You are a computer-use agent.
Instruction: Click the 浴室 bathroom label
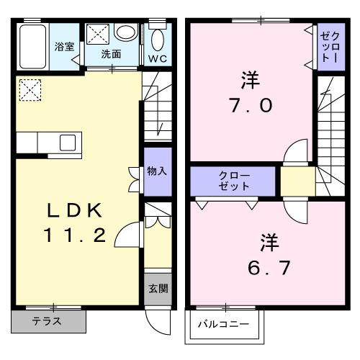tap(64, 47)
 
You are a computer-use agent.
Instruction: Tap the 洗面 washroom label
tap(110, 53)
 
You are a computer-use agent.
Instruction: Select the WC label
tap(157, 57)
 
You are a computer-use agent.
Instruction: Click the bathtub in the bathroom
tap(33, 47)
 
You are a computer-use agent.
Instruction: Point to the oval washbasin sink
tap(126, 32)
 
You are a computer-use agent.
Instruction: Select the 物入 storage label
tap(156, 171)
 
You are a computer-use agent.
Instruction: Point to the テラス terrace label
tap(47, 321)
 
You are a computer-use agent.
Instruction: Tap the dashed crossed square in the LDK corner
tap(30, 89)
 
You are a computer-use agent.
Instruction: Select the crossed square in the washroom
tap(99, 33)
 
